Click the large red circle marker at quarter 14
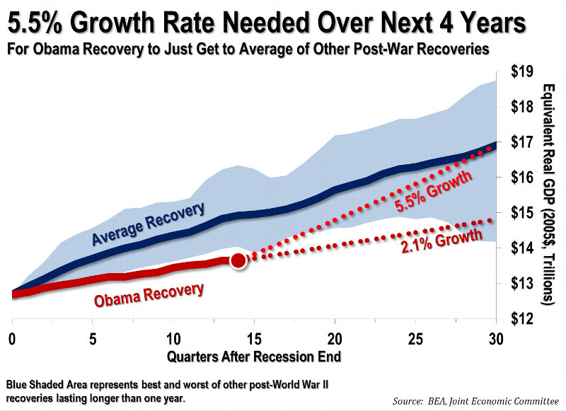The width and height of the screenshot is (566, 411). pos(238,260)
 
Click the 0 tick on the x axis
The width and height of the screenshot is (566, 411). pos(12,337)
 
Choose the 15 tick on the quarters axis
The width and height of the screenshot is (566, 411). pos(254,337)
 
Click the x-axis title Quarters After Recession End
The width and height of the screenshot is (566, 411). pos(253,356)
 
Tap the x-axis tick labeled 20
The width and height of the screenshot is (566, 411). pos(335,337)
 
